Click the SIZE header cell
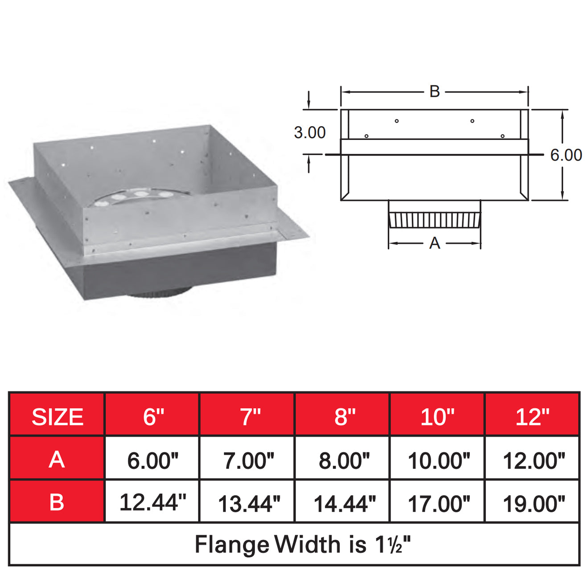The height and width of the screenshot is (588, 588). click(57, 417)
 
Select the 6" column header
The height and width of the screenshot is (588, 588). click(153, 417)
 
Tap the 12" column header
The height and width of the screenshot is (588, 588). click(532, 417)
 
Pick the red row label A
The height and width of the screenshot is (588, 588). click(57, 460)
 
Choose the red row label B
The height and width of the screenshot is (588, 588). click(57, 502)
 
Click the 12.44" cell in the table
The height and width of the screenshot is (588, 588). click(152, 502)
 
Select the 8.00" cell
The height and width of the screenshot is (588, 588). click(344, 461)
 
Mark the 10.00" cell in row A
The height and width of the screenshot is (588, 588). click(439, 461)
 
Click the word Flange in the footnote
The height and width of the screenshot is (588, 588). click(232, 545)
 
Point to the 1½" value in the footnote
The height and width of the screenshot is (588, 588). click(392, 544)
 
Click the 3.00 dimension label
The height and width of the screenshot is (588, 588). click(309, 132)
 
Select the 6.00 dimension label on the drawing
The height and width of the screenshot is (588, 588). click(566, 155)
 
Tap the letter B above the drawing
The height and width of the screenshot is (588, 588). click(435, 91)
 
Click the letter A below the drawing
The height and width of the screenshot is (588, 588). click(435, 243)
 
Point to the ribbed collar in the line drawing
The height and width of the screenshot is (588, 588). click(435, 219)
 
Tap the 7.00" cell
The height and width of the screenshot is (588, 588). click(249, 461)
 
